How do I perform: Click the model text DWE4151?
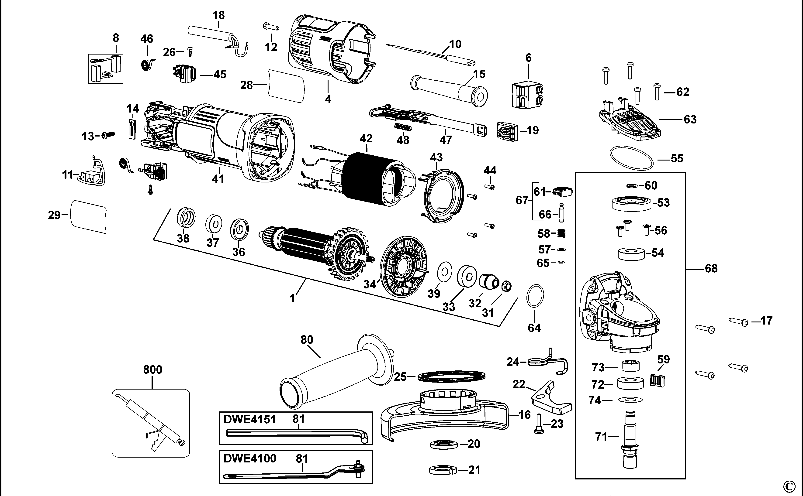[249, 420]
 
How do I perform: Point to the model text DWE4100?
[249, 458]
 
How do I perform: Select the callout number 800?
[153, 370]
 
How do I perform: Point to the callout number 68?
[711, 269]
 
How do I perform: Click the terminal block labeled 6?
[526, 95]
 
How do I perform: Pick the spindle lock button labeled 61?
[562, 192]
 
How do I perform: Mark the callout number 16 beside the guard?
[525, 415]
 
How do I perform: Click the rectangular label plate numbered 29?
[89, 216]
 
